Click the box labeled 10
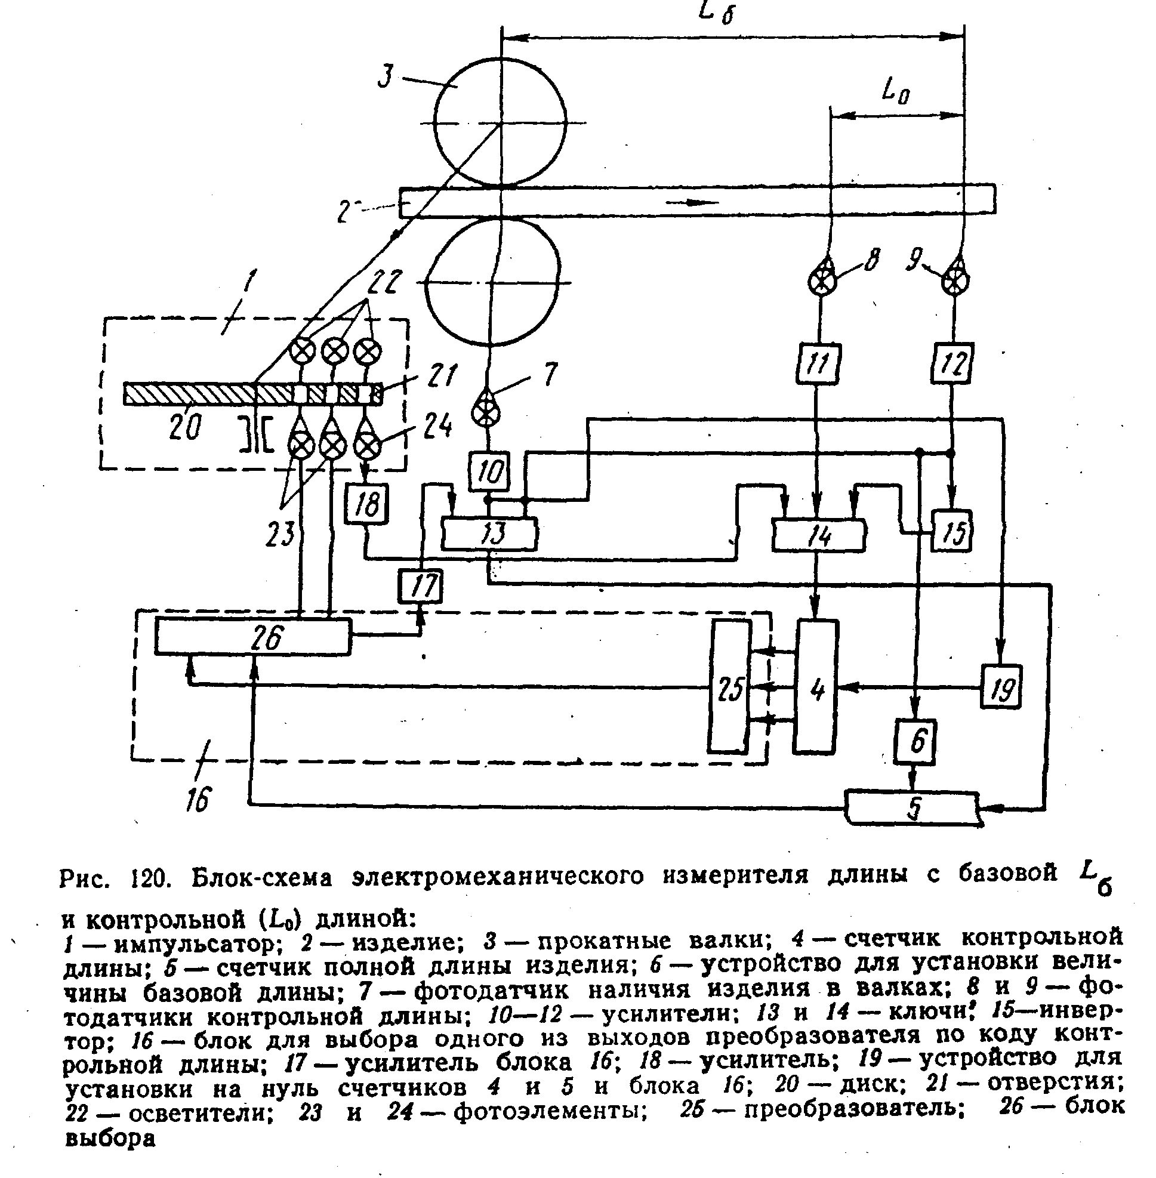point(489,471)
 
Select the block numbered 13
point(489,534)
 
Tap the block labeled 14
point(818,535)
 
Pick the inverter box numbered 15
point(952,530)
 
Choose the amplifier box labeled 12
point(952,363)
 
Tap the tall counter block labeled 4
point(817,686)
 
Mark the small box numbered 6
point(915,741)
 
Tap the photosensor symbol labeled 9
point(955,279)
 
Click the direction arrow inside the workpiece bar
point(692,202)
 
